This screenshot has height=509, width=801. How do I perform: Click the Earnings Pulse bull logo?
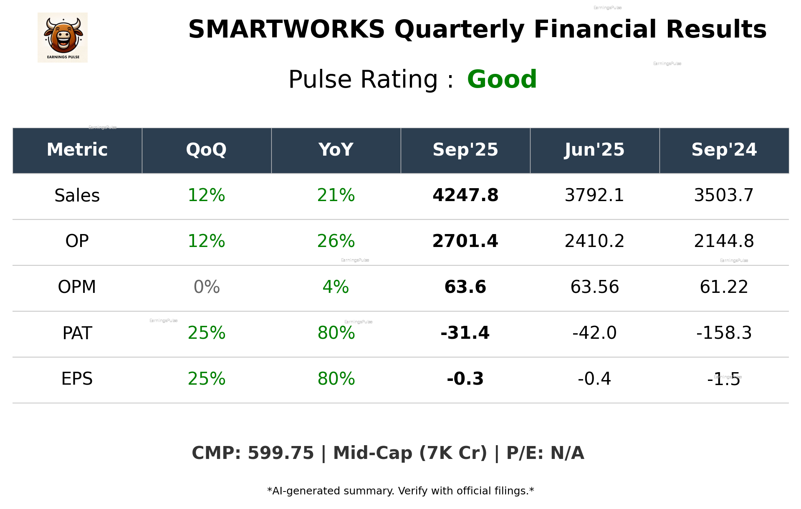pyautogui.click(x=63, y=38)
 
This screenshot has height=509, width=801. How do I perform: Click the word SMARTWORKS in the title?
pyautogui.click(x=286, y=30)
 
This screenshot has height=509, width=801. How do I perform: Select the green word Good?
pyautogui.click(x=502, y=79)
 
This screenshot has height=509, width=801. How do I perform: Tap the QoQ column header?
pyautogui.click(x=206, y=150)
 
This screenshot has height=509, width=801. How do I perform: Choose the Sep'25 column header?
pyautogui.click(x=465, y=150)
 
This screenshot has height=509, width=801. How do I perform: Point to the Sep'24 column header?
pyautogui.click(x=724, y=150)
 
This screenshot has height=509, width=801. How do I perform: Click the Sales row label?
pyautogui.click(x=77, y=196)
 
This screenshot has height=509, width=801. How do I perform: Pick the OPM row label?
pyautogui.click(x=77, y=287)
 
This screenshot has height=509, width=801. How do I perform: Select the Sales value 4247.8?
pyautogui.click(x=465, y=196)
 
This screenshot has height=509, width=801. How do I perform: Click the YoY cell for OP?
pyautogui.click(x=336, y=241)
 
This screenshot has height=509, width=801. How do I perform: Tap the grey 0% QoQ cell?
pyautogui.click(x=207, y=287)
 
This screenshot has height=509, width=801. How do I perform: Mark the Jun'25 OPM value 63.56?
pyautogui.click(x=594, y=287)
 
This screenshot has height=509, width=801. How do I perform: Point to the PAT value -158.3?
pyautogui.click(x=724, y=333)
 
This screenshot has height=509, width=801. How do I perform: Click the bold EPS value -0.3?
pyautogui.click(x=465, y=379)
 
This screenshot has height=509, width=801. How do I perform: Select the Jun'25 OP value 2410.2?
pyautogui.click(x=594, y=241)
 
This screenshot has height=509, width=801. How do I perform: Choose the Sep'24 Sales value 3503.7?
pyautogui.click(x=724, y=196)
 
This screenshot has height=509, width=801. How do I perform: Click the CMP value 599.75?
pyautogui.click(x=280, y=454)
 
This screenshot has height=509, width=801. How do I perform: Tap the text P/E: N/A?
pyautogui.click(x=545, y=454)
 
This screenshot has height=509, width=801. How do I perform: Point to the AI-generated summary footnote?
pyautogui.click(x=400, y=491)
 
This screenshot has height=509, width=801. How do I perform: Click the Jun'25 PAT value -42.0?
pyautogui.click(x=594, y=333)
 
